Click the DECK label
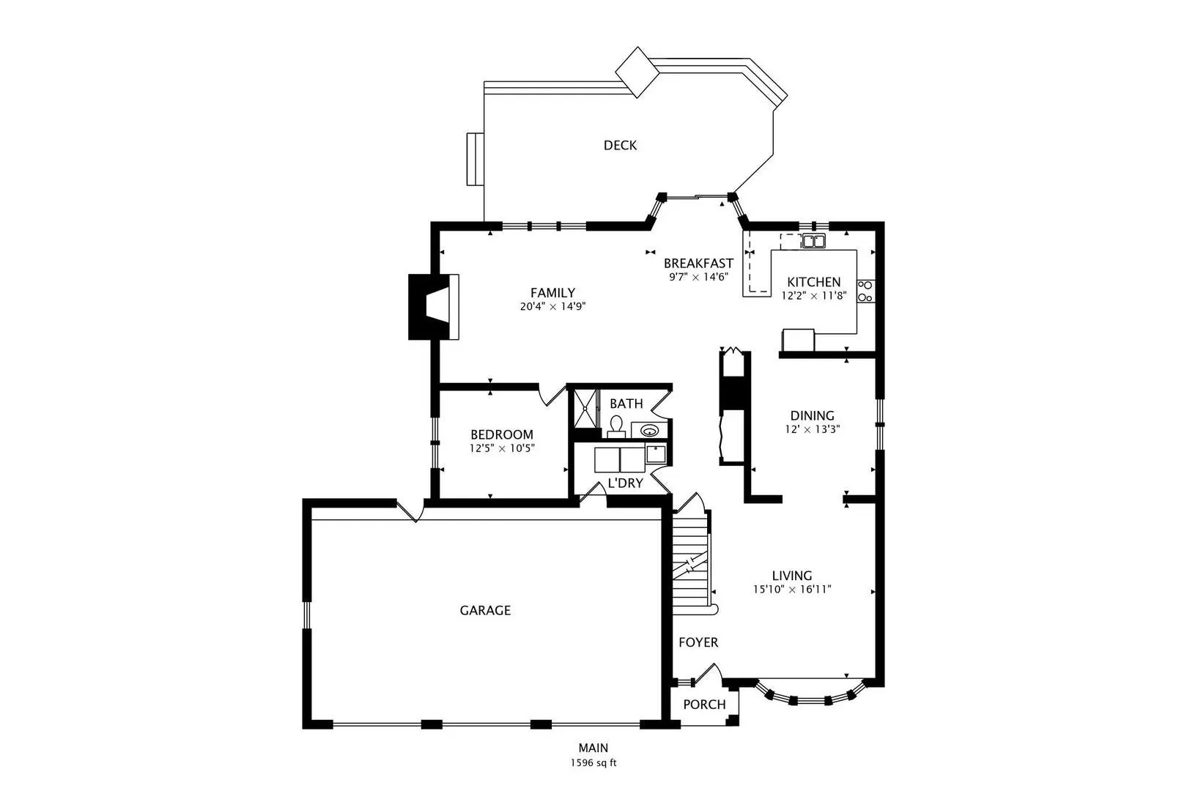click(x=620, y=145)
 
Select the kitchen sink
click(x=813, y=241)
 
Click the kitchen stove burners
click(x=865, y=291)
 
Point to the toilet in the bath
click(x=615, y=427)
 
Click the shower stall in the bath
click(x=585, y=408)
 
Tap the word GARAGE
click(x=485, y=610)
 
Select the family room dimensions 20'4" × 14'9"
click(x=552, y=306)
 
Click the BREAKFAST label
click(x=698, y=264)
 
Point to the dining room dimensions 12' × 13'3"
click(x=813, y=429)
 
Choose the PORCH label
click(x=704, y=705)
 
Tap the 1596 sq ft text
click(x=593, y=763)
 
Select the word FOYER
click(x=698, y=642)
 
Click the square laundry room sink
click(x=656, y=455)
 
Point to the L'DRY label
click(x=625, y=483)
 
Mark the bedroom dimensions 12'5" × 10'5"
click(x=502, y=448)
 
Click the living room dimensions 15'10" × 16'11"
click(x=792, y=589)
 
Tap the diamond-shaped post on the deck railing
click(x=637, y=73)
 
